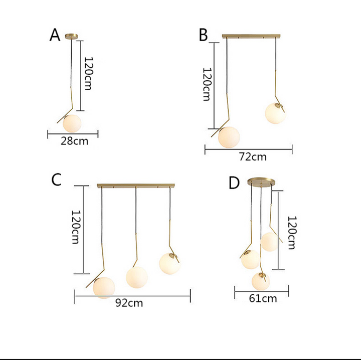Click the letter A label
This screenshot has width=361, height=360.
point(55,35)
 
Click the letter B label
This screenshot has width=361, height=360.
point(203,35)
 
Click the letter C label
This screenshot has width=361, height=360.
point(56,179)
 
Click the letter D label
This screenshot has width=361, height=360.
point(234,183)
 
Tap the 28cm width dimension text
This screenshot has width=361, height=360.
point(74,141)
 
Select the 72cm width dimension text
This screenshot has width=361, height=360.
point(253,157)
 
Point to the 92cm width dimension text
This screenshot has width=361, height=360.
point(129,303)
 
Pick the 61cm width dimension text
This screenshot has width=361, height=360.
point(263,298)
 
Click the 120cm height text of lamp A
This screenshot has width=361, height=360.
point(88,73)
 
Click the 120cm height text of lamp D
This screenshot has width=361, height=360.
point(292,233)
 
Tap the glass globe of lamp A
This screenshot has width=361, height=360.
point(72,123)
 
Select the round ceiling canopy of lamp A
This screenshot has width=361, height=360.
point(71,36)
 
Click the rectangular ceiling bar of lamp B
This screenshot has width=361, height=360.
point(251,36)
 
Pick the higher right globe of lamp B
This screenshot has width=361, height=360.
point(275,113)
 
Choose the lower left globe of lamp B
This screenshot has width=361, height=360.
point(229,137)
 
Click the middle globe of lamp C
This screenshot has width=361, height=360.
point(136,277)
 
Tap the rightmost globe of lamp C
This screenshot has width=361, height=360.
point(169,264)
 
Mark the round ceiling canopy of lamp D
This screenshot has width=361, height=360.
point(261,182)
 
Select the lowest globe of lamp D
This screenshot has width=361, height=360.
point(261,281)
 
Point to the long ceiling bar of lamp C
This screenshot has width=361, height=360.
point(136,186)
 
